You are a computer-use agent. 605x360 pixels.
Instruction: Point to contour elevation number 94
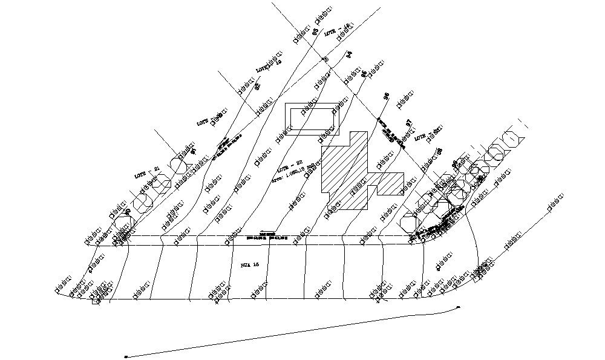[x=349, y=54]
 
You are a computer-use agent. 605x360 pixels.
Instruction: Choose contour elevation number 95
[x=364, y=74]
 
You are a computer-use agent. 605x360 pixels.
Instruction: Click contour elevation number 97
[x=409, y=123]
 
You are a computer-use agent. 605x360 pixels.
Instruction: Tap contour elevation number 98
[x=440, y=151]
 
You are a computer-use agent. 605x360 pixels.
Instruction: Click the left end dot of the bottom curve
[x=125, y=356]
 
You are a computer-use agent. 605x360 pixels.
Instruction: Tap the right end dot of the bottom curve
[x=459, y=307]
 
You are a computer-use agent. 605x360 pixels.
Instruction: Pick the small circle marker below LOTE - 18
[x=325, y=59]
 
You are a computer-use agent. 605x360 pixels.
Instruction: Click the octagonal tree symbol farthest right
[x=512, y=139]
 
